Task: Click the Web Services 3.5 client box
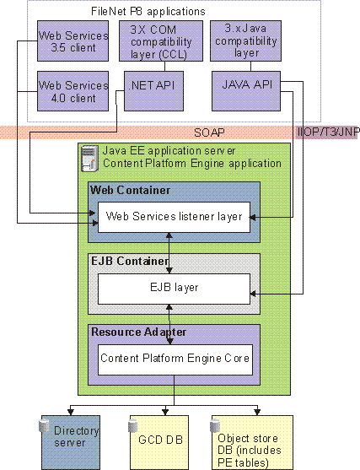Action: coord(74,41)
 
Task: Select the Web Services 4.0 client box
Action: coord(74,92)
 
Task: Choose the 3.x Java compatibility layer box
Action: coord(244,38)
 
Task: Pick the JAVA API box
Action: coord(244,87)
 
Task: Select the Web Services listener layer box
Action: coord(175,217)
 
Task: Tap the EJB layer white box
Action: coord(175,287)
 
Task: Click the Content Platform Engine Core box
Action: coord(175,357)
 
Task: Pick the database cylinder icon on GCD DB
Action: coord(135,424)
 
